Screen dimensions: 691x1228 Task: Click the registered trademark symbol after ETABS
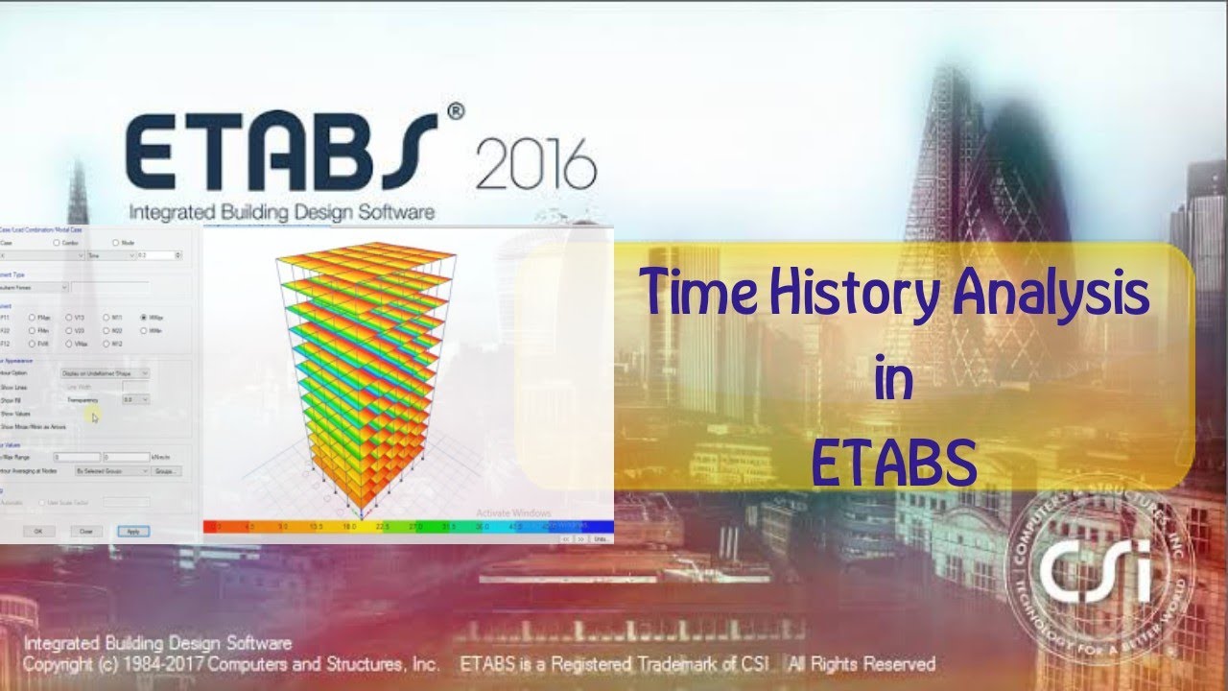click(455, 112)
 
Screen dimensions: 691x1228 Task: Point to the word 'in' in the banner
click(892, 379)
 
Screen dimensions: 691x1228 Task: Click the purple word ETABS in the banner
click(894, 462)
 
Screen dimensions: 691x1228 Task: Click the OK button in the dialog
click(38, 531)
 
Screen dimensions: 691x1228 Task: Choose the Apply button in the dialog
click(132, 531)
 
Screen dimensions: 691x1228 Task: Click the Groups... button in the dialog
click(167, 471)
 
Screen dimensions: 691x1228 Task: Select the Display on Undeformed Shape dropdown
click(105, 372)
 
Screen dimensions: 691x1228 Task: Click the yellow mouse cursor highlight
click(92, 415)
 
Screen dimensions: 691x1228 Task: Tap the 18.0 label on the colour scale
click(350, 527)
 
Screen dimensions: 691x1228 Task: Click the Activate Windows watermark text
click(513, 514)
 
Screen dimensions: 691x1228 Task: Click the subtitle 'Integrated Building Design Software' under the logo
click(281, 212)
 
